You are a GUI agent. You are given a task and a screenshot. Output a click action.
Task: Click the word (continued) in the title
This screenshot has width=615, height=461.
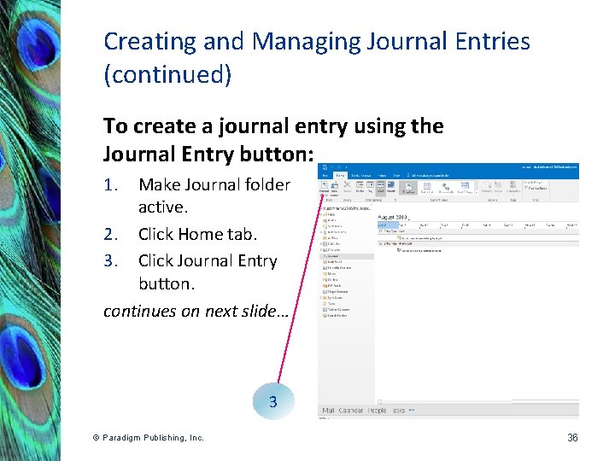pos(167,74)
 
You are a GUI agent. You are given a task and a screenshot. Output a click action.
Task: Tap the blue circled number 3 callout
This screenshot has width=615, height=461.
pos(272,401)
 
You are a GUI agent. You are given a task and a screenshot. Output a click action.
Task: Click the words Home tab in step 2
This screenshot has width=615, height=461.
pos(218,234)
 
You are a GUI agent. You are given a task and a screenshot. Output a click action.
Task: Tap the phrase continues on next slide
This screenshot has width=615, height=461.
pos(196,311)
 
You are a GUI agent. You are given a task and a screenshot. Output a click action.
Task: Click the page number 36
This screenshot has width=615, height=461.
pos(572,438)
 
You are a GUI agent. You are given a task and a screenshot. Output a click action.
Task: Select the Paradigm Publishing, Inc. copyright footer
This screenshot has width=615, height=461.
pos(149,438)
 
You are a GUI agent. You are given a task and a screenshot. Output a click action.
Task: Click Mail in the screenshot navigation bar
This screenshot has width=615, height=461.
pos(328,411)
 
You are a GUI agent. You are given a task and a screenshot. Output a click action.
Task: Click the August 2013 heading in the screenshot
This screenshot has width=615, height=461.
pos(395,219)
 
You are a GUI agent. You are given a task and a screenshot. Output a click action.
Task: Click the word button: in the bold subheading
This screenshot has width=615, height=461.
pos(282,155)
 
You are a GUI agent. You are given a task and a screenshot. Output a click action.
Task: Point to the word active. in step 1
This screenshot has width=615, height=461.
pos(162,207)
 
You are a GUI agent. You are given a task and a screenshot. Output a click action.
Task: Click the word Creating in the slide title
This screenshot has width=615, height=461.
pos(138,42)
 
